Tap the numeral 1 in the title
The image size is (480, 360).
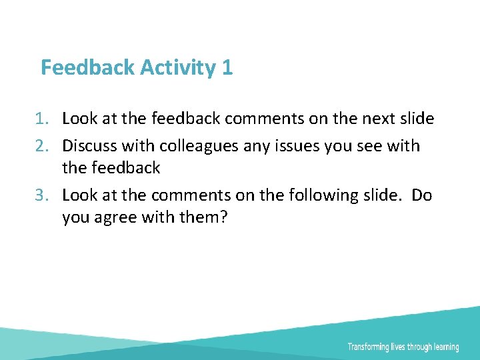click(x=228, y=67)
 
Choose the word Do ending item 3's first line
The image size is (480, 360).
click(x=422, y=196)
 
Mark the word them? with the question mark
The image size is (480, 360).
click(x=203, y=218)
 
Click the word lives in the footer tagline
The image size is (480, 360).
click(x=405, y=347)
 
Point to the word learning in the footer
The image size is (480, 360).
click(x=446, y=347)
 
